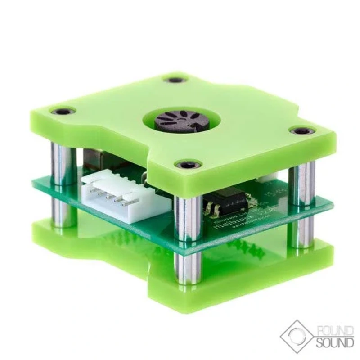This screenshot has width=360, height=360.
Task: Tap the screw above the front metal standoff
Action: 188,165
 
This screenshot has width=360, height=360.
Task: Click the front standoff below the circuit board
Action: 186,268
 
